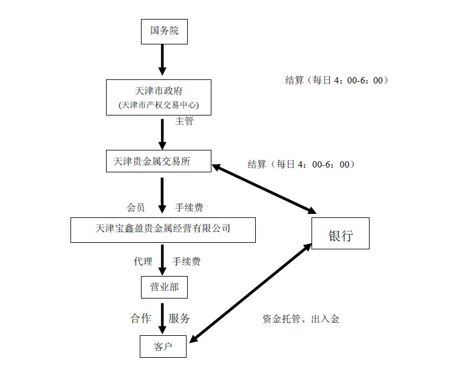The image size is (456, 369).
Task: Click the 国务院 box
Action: (163, 31)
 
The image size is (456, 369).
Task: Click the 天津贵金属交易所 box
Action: (158, 160)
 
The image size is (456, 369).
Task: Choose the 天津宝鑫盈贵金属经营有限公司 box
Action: (163, 229)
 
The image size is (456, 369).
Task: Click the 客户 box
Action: (163, 346)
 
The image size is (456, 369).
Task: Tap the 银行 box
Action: (341, 235)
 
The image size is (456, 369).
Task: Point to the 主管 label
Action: (184, 121)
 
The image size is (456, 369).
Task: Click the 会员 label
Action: (136, 207)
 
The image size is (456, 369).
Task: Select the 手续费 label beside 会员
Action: (191, 207)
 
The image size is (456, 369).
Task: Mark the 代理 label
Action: (143, 261)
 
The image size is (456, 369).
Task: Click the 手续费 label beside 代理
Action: (191, 261)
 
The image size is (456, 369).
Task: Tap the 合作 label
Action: (140, 318)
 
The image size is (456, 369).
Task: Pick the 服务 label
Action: (179, 318)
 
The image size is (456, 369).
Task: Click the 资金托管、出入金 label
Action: (301, 319)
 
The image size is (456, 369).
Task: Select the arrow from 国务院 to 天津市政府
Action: (163, 59)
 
